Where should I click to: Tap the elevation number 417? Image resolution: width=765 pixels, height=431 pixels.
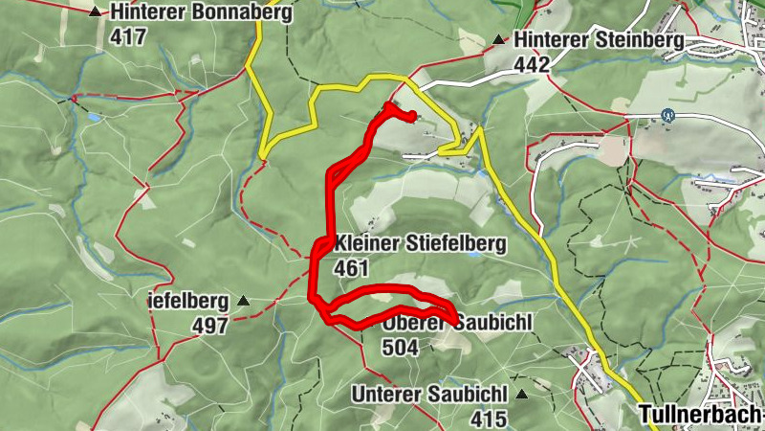(x=128, y=37)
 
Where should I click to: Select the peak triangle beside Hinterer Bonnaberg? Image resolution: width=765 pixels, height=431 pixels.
(x=95, y=13)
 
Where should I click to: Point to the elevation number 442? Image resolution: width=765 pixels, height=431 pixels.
(x=533, y=64)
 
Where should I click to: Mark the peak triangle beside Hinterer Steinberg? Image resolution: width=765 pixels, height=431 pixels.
(x=498, y=40)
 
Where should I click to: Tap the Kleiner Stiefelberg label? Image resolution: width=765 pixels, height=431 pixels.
(x=420, y=244)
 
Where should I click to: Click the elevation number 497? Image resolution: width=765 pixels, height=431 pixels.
(x=210, y=327)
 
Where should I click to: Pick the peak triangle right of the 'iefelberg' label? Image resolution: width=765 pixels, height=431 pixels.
(x=243, y=302)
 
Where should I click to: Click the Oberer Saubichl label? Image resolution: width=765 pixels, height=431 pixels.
(x=457, y=324)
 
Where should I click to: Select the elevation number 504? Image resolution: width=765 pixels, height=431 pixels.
(x=400, y=348)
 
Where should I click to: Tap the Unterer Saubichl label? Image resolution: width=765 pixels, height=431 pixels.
(x=427, y=394)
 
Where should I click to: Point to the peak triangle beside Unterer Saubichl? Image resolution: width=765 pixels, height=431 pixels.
(x=522, y=394)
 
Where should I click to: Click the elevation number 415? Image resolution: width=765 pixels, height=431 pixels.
(x=490, y=418)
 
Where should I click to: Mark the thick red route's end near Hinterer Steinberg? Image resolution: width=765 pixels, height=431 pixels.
(x=411, y=117)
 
